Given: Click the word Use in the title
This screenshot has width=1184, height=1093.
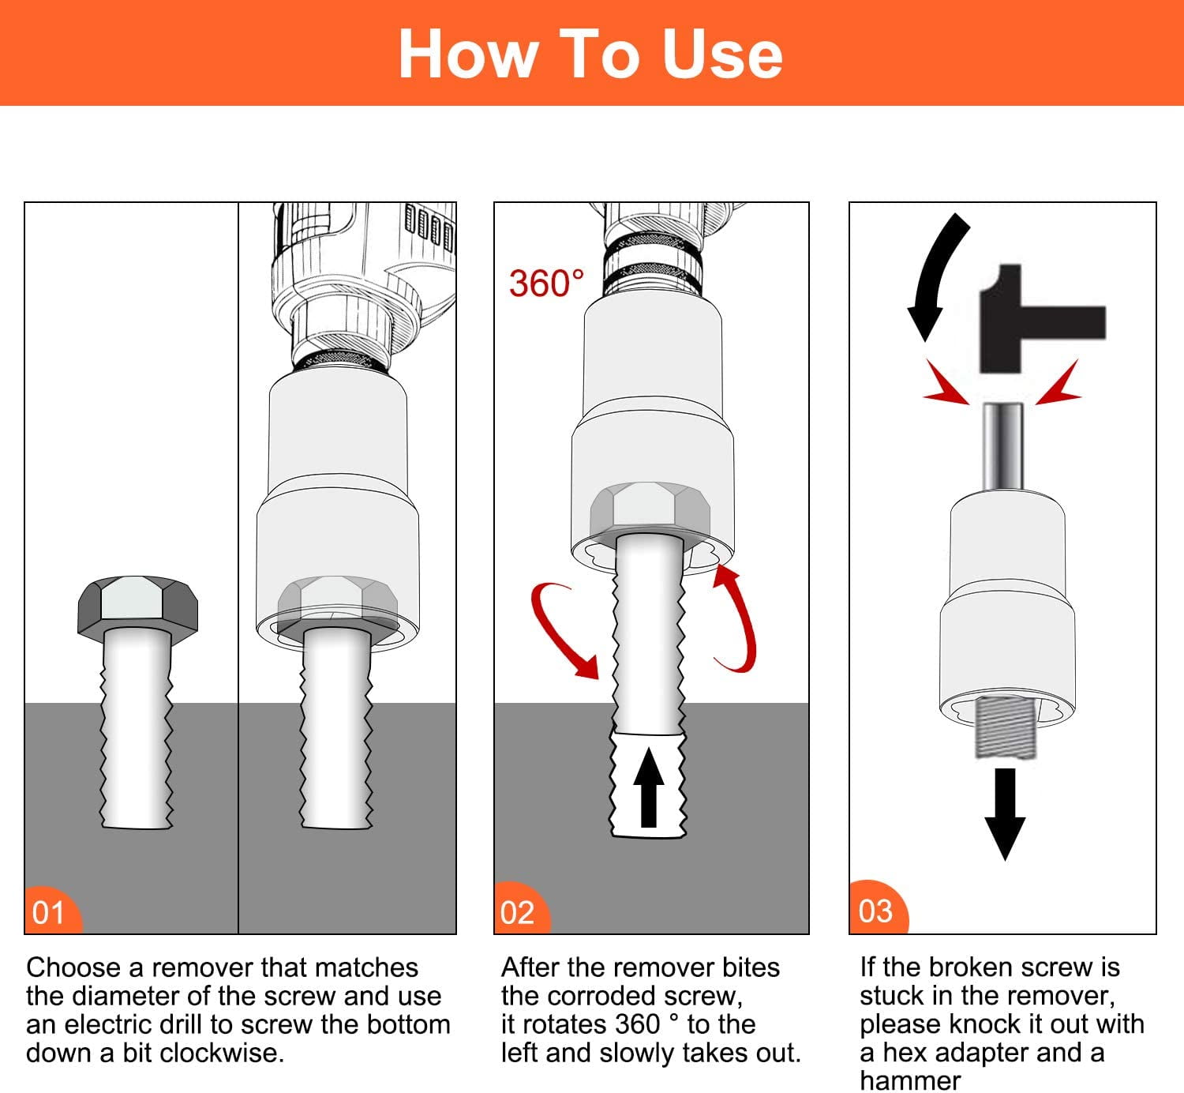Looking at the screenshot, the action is point(722,55).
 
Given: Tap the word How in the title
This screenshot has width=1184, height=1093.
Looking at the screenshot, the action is point(469,55).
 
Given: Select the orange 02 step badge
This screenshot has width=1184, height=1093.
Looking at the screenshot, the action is point(522,909).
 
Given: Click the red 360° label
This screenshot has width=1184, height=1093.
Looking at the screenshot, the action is point(546,283).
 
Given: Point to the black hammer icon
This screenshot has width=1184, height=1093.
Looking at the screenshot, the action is point(1043,319).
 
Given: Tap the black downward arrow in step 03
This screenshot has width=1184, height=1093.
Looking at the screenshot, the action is point(1005,813).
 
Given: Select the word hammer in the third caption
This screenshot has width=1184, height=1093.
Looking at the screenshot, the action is point(910,1080).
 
